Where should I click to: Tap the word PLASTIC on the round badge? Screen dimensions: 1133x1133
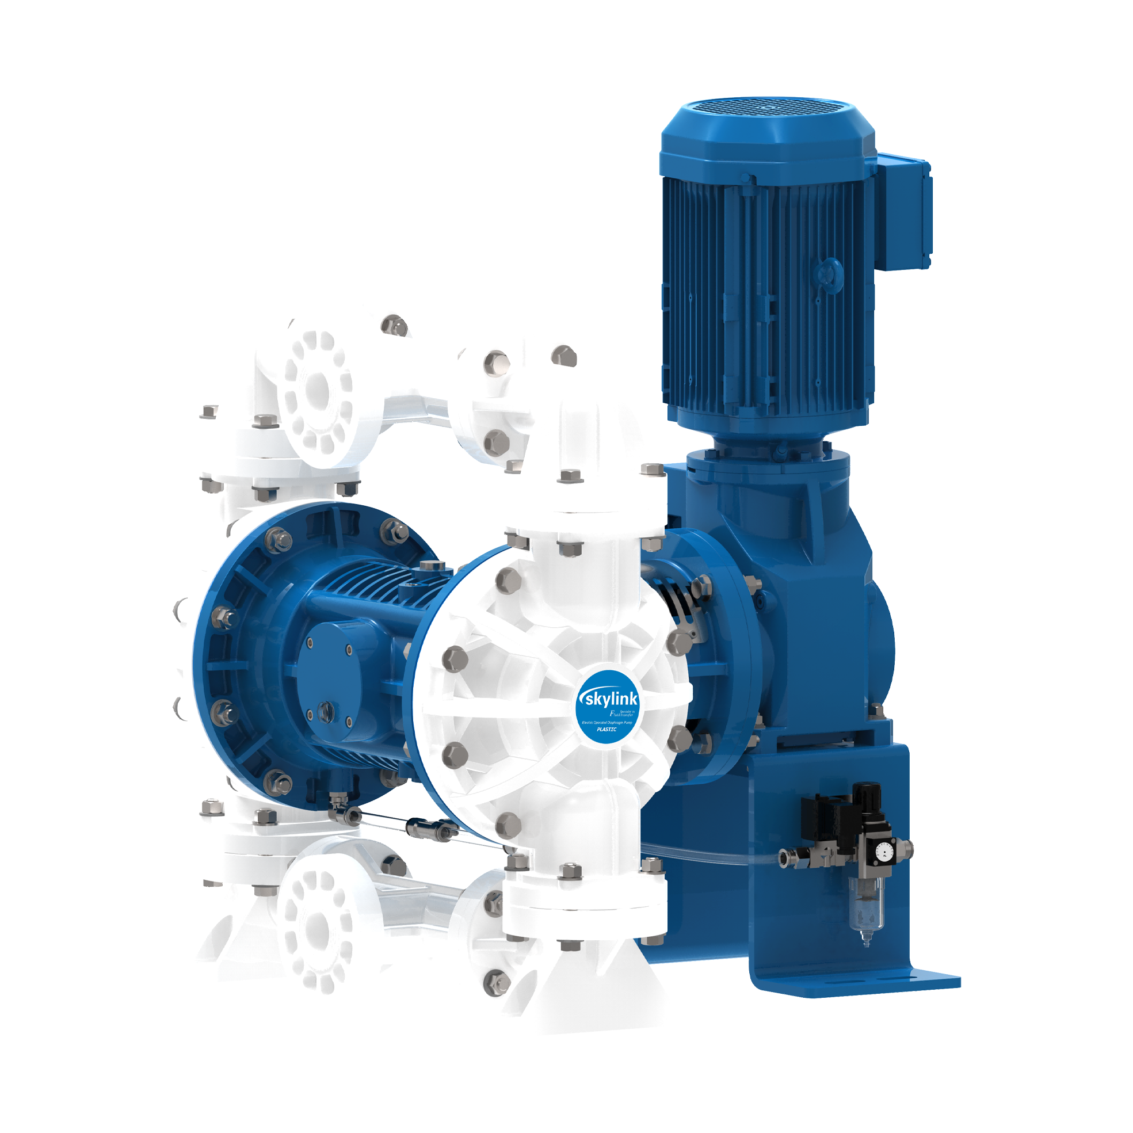[606, 730]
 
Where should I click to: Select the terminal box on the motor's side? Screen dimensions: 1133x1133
[905, 211]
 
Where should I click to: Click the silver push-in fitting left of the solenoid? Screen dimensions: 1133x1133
[786, 859]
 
